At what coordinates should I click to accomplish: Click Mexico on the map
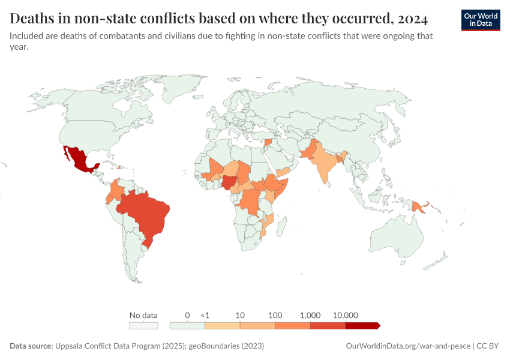tap(77, 158)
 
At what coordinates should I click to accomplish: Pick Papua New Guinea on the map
tap(418, 206)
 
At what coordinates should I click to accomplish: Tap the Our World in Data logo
tap(481, 20)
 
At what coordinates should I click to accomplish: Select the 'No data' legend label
tap(143, 315)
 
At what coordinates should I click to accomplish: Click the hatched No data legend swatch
tap(143, 325)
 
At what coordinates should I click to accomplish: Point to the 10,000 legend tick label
tap(346, 315)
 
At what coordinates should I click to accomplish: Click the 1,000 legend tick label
tap(310, 315)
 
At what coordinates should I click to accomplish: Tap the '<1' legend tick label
tap(205, 315)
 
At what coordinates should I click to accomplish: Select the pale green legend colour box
tap(187, 325)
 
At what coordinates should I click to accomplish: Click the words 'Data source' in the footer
tap(31, 346)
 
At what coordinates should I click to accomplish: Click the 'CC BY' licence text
tap(488, 346)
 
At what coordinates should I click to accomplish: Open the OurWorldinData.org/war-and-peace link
tap(409, 346)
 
